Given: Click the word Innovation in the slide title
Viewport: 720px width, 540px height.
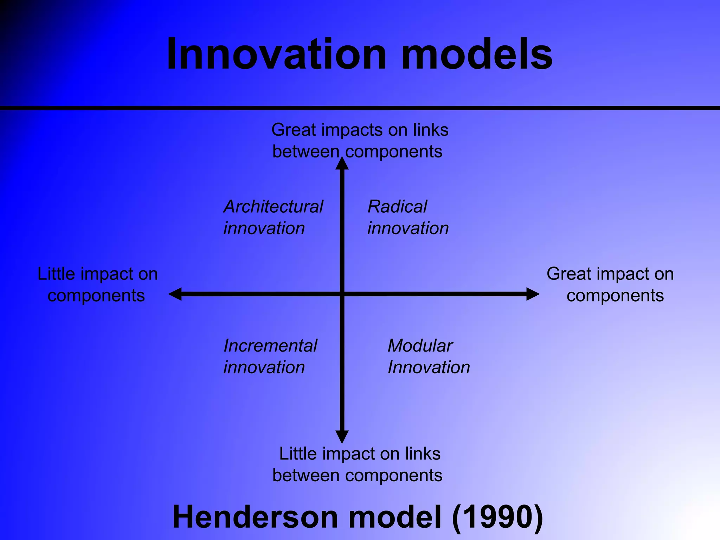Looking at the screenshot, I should [276, 54].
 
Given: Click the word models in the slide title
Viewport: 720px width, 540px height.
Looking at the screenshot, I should [476, 54].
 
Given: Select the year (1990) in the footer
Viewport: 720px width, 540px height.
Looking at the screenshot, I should [497, 516].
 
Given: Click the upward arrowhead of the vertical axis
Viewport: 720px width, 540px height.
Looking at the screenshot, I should [342, 164].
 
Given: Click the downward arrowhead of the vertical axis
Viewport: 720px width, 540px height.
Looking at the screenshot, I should [342, 437].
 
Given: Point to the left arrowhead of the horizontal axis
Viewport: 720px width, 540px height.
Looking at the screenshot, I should [175, 294].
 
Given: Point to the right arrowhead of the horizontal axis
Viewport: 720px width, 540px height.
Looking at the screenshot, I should [533, 294].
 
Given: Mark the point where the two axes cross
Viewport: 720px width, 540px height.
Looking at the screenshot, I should [342, 294].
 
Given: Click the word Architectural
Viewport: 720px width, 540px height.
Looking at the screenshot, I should [273, 207].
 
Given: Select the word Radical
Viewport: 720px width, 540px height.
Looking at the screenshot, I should [397, 207].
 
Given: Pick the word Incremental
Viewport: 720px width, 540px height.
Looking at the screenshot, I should [270, 346].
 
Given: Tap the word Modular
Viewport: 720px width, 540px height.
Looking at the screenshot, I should [420, 346].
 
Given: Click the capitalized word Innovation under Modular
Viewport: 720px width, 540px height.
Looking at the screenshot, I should [429, 368].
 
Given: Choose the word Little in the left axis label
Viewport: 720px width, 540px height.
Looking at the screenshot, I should [56, 274].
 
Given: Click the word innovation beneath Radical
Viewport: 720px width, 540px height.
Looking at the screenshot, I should [408, 229].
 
